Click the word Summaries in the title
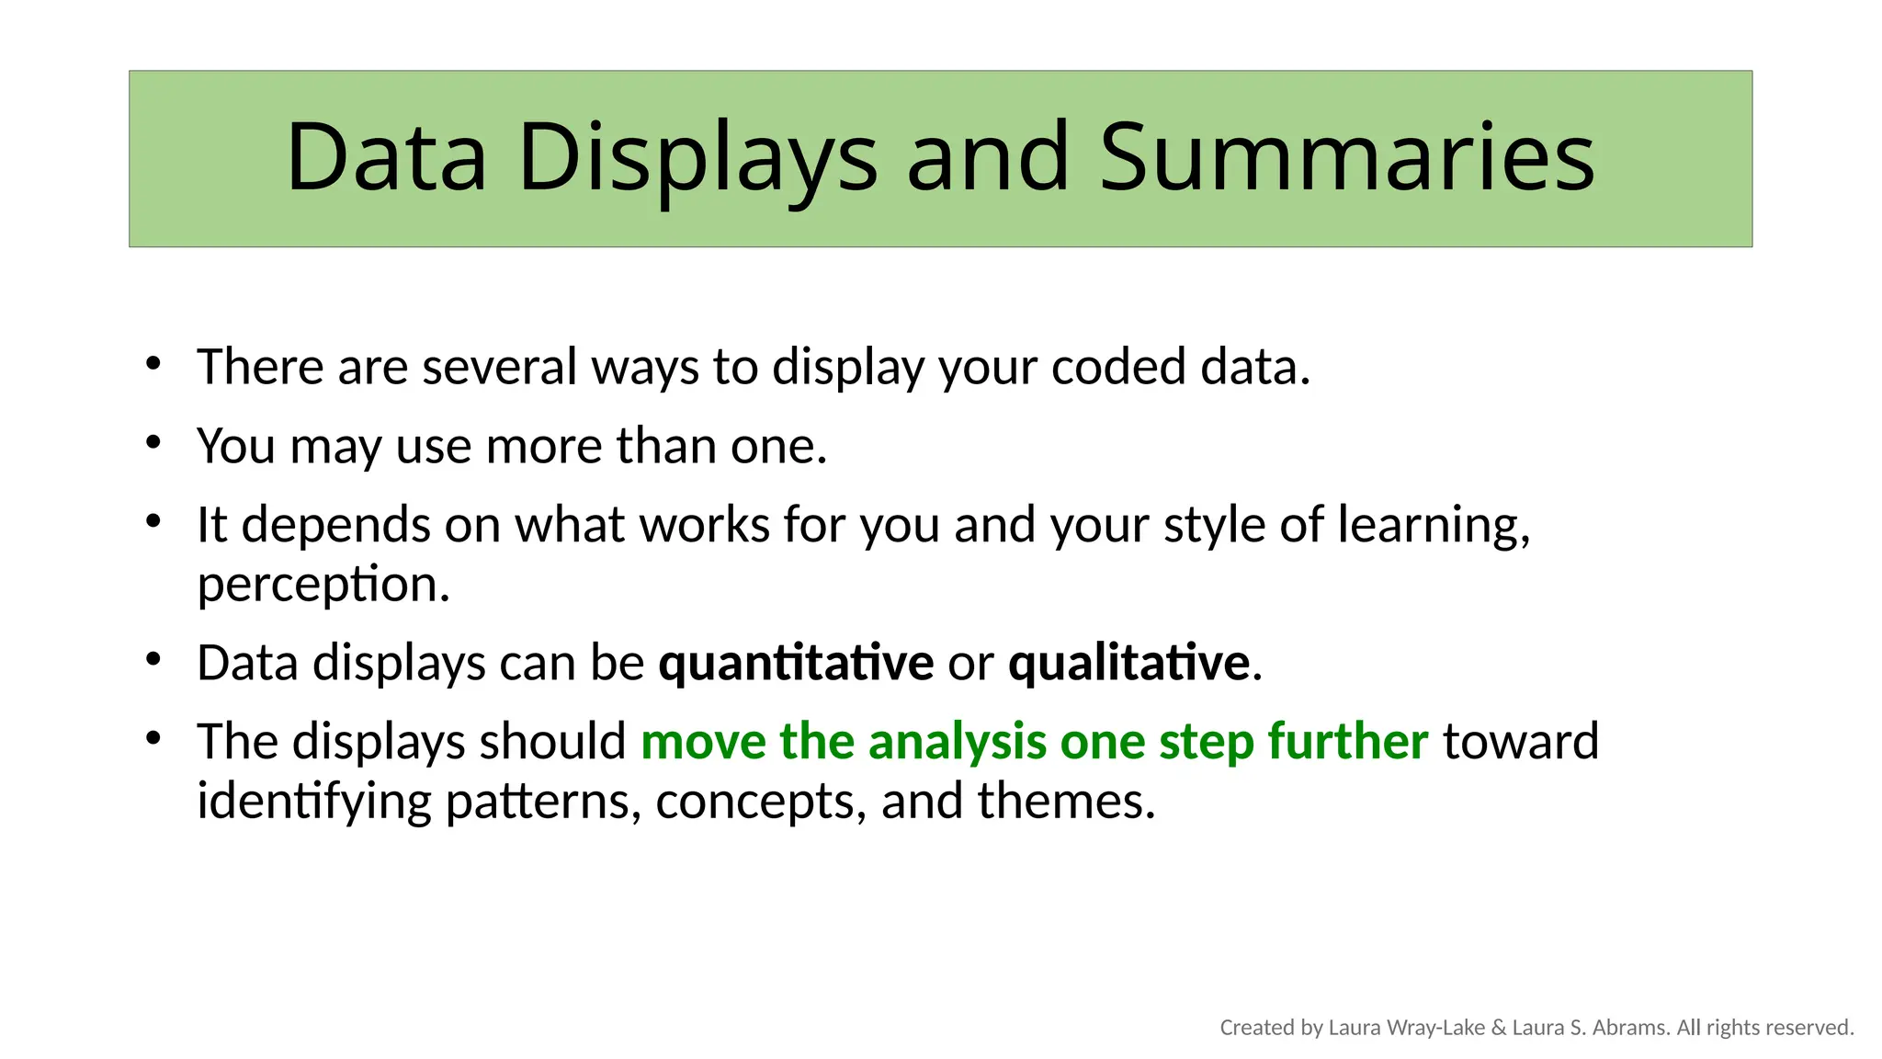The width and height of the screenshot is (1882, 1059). [1346, 158]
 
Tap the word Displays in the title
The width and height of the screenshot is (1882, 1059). [697, 158]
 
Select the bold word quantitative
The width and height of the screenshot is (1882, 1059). [796, 663]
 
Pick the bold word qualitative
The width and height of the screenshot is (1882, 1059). [1128, 663]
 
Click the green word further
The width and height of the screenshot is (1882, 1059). [1347, 741]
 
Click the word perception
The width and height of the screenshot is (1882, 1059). [322, 586]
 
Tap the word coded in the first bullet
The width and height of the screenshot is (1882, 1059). [1118, 367]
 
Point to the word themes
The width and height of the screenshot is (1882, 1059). [1064, 801]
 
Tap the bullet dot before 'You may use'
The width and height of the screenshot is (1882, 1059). [153, 443]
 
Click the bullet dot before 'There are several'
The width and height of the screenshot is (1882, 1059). [153, 364]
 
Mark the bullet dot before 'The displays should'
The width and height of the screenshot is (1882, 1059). [153, 738]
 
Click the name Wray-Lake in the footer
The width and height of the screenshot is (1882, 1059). [1435, 1028]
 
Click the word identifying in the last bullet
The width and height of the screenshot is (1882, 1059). [313, 803]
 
